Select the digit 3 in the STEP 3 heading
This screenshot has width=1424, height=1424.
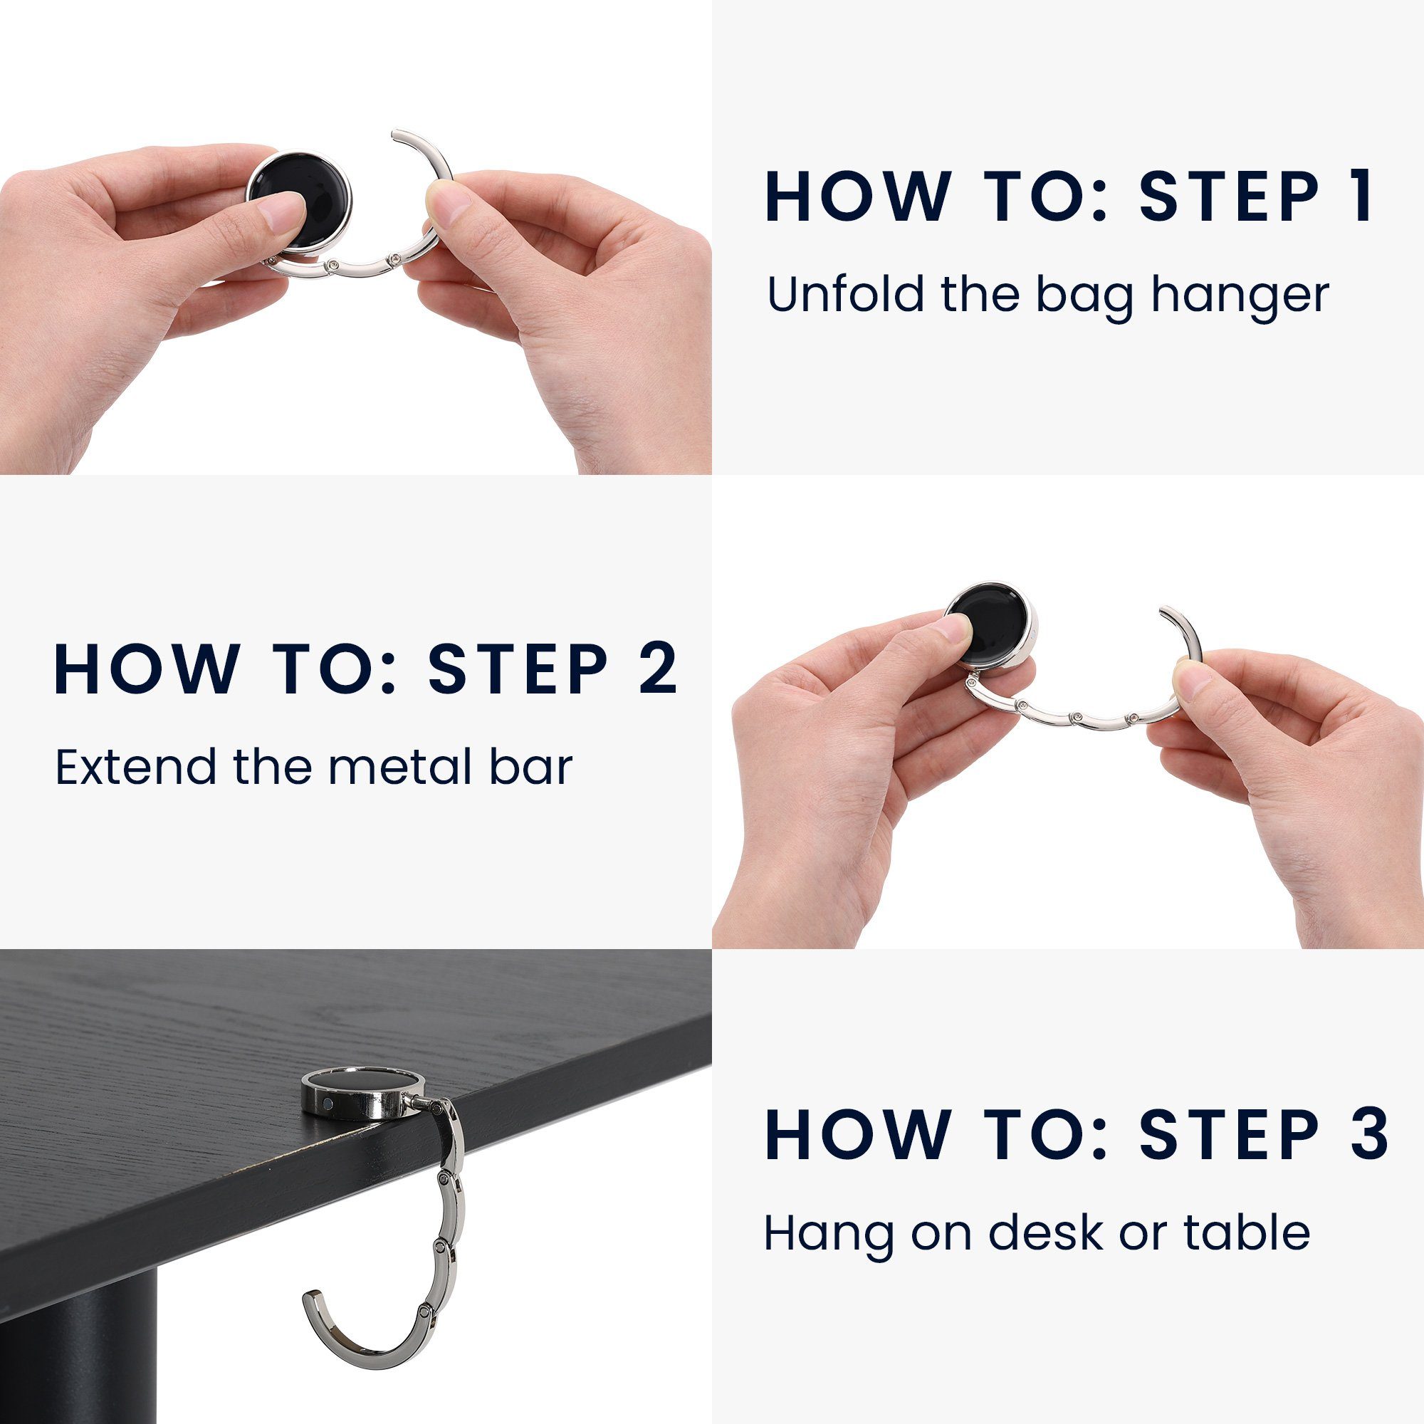[x=1368, y=1134]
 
